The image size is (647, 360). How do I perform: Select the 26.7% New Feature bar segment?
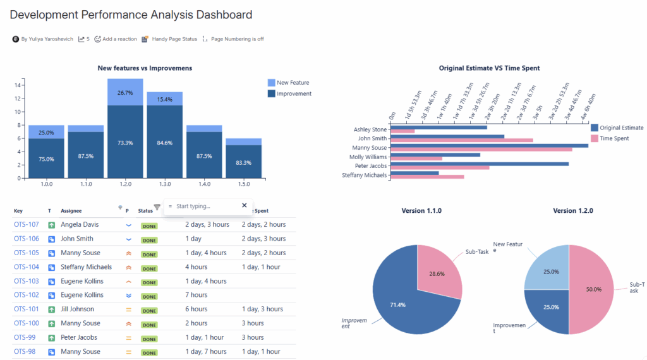point(125,92)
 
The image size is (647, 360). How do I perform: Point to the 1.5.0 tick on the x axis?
point(243,184)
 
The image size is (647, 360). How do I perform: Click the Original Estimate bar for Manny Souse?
point(489,145)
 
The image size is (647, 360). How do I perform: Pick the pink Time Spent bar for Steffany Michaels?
point(427,177)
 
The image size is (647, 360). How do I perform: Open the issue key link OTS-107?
point(27,224)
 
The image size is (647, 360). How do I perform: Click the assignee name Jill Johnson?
point(77,309)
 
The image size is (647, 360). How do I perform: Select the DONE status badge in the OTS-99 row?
point(149,339)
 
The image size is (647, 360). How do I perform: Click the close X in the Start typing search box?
point(245,205)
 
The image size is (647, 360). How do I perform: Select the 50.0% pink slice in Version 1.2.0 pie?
point(593,289)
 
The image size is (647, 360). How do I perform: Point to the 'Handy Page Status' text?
point(174,39)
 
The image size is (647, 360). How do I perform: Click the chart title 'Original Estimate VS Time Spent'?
point(490,68)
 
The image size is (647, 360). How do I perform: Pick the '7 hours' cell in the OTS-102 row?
point(196,295)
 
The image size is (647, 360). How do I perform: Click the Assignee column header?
point(71,210)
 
